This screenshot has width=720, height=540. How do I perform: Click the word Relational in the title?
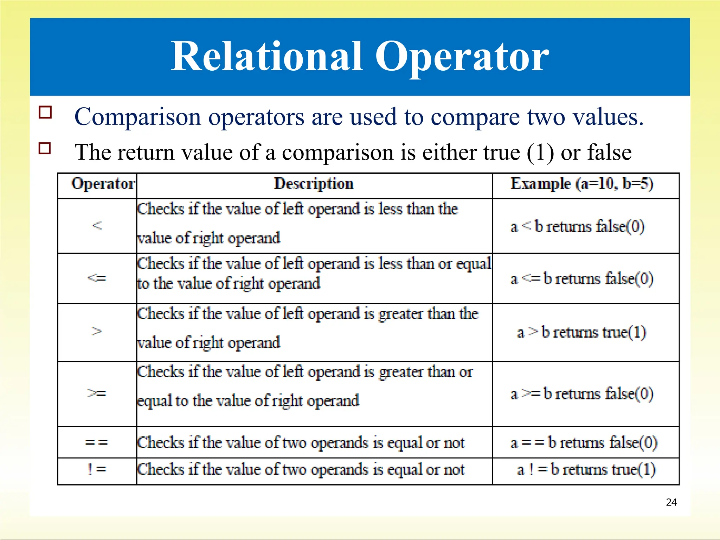(266, 57)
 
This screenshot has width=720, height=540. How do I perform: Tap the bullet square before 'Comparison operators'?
(45, 112)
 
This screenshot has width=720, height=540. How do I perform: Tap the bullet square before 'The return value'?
(45, 148)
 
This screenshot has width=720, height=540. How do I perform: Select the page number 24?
(671, 502)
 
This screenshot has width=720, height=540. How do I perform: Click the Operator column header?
(103, 184)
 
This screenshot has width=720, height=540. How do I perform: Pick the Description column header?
(314, 184)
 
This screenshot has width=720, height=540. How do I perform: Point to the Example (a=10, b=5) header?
(582, 184)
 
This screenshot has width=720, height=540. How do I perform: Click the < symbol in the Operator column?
(97, 225)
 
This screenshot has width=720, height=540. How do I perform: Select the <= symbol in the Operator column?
(97, 278)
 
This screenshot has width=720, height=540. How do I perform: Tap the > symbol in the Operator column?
(97, 331)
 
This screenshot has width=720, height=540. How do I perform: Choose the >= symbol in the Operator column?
(97, 393)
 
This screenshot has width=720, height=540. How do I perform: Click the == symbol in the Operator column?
(97, 442)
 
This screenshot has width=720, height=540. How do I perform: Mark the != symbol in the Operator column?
(97, 469)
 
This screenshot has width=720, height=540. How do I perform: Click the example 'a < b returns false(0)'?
(577, 226)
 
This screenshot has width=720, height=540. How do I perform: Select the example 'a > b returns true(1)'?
(581, 332)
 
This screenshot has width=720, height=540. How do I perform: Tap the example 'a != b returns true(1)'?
(586, 470)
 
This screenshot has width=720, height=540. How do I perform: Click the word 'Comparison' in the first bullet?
(137, 117)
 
